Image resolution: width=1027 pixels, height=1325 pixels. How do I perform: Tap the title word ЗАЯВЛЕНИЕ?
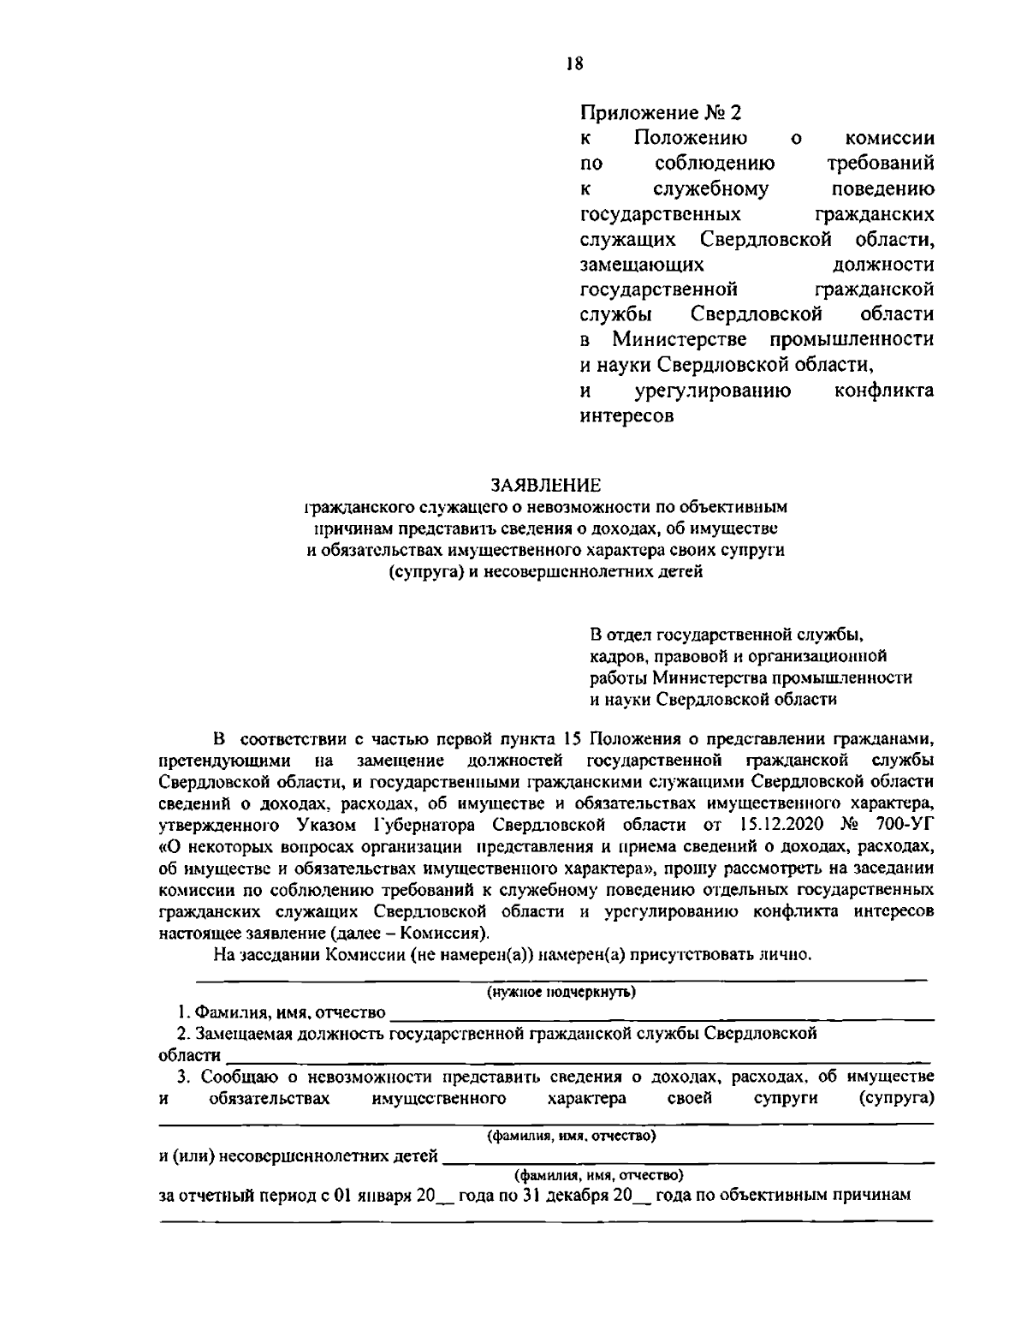pyautogui.click(x=544, y=486)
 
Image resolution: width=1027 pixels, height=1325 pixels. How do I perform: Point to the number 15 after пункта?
pyautogui.click(x=573, y=738)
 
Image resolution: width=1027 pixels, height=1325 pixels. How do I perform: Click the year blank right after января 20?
pyautogui.click(x=446, y=1197)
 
